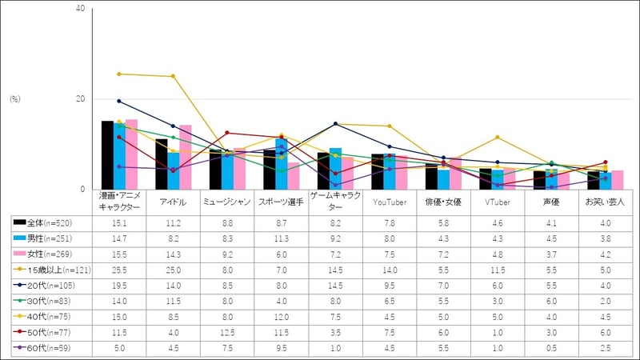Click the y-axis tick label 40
pos(79,9)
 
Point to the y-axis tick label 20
pos(79,99)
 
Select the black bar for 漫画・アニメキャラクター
pos(107,155)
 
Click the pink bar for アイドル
pos(186,158)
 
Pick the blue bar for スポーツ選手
pos(281,164)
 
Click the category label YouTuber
pos(388,202)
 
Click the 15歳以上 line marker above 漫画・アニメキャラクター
pos(119,74)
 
